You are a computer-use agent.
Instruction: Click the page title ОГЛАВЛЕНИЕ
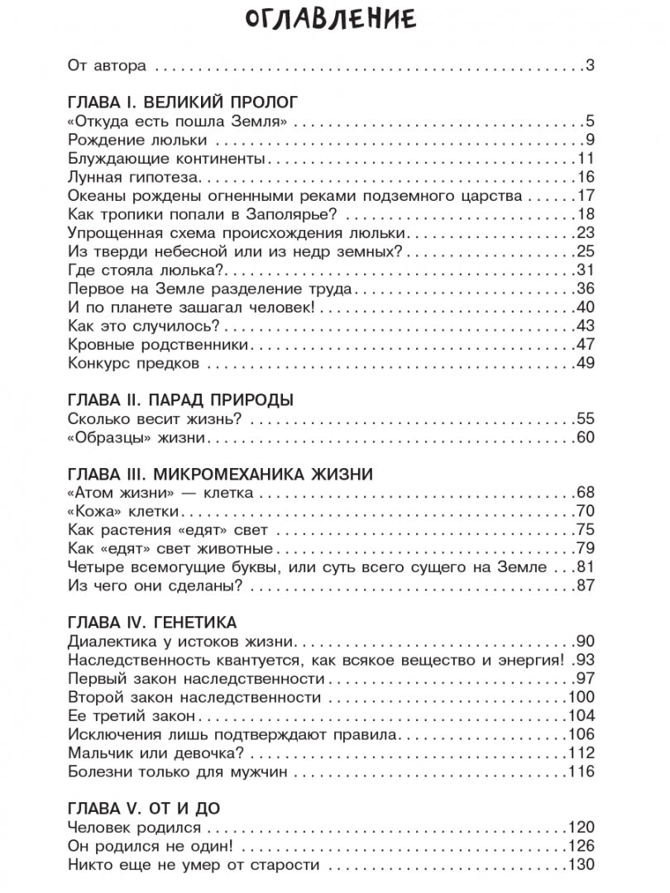[334, 20]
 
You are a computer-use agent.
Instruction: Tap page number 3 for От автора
[591, 65]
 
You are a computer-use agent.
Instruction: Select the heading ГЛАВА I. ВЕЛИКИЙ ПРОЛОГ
[180, 103]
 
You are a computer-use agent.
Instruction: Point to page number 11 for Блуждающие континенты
[586, 158]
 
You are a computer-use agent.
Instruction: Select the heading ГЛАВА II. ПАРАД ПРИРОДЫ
[180, 400]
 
